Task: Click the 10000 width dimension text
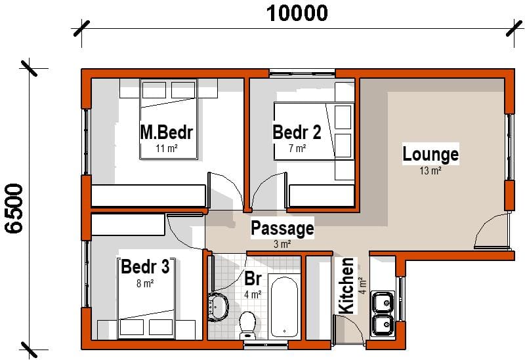click(296, 12)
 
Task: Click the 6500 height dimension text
click(14, 208)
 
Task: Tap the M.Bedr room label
click(167, 132)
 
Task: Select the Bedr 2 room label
click(297, 132)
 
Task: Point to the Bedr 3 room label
click(145, 268)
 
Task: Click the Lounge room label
click(430, 155)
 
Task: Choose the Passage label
click(282, 229)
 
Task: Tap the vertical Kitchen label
click(346, 285)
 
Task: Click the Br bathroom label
click(253, 279)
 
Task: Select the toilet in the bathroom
click(248, 323)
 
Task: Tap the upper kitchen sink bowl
click(382, 302)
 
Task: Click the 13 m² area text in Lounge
click(430, 171)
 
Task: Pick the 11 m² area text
click(167, 149)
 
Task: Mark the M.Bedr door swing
click(220, 188)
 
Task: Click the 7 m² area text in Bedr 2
click(297, 149)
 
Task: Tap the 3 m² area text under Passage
click(282, 244)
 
